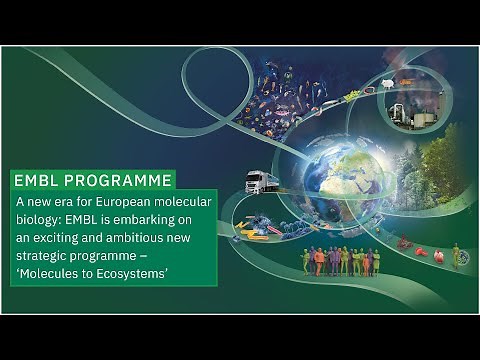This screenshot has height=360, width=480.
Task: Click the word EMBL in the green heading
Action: pos(37,181)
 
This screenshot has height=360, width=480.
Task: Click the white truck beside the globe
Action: pos(261,182)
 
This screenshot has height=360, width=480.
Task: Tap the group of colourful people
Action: pos(340,261)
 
